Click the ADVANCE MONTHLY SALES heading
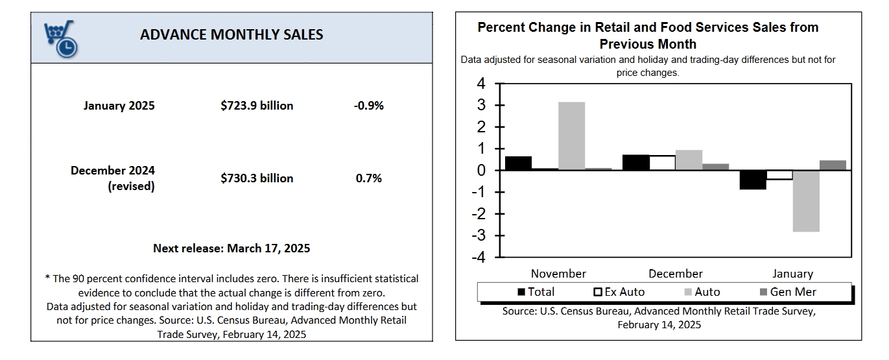pyautogui.click(x=231, y=35)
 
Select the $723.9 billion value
pyautogui.click(x=257, y=105)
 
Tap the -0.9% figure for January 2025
pyautogui.click(x=368, y=105)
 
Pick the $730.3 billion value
pyautogui.click(x=257, y=178)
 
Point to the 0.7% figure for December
pyautogui.click(x=368, y=178)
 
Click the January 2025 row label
pyautogui.click(x=119, y=105)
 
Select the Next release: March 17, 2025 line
pyautogui.click(x=231, y=248)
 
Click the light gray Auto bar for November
pyautogui.click(x=571, y=136)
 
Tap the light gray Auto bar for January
pyautogui.click(x=806, y=200)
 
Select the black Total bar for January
pyautogui.click(x=753, y=180)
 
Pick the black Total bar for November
pyautogui.click(x=518, y=163)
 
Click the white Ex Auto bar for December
pyautogui.click(x=662, y=163)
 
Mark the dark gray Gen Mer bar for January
pyautogui.click(x=833, y=165)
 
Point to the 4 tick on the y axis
pyautogui.click(x=480, y=84)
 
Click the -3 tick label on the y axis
pyautogui.click(x=479, y=235)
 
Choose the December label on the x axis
pyautogui.click(x=675, y=274)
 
